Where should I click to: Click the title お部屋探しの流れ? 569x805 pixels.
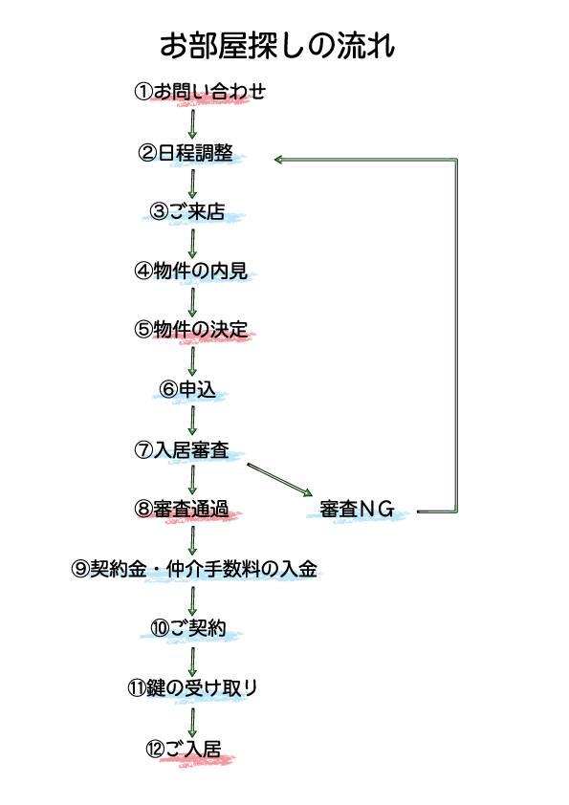click(277, 45)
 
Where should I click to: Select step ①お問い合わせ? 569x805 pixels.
click(200, 92)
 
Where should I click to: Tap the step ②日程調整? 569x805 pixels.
click(186, 152)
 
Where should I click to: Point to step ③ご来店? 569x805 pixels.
click(186, 211)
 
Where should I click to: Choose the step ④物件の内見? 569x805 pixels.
click(191, 271)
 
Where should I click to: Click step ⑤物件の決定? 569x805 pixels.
click(191, 330)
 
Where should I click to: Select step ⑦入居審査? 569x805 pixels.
click(182, 449)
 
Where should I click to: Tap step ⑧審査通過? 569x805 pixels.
click(182, 509)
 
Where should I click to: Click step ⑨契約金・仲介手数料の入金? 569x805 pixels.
click(194, 569)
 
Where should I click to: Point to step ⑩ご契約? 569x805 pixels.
click(188, 627)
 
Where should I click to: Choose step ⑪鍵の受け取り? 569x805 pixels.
click(192, 687)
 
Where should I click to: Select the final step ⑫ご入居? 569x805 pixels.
click(184, 749)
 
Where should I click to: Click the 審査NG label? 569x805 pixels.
click(357, 509)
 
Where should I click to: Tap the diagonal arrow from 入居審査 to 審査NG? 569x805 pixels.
click(280, 480)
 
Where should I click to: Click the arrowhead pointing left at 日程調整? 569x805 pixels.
click(278, 160)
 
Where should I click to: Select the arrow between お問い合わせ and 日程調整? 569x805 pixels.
click(192, 123)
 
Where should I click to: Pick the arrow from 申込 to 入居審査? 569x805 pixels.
click(192, 421)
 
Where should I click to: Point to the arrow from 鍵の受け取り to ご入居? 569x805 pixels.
click(192, 723)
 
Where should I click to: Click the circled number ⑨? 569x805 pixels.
click(80, 569)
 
